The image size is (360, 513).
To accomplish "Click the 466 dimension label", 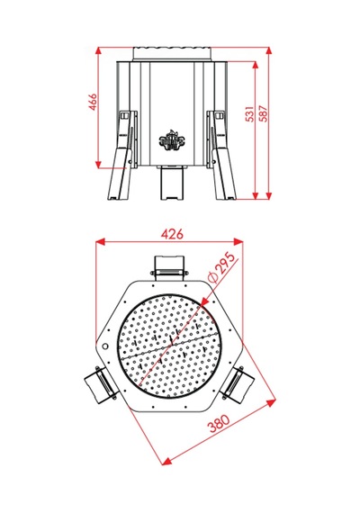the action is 94,102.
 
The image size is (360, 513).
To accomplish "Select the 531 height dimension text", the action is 249,113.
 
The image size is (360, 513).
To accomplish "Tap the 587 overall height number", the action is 264,113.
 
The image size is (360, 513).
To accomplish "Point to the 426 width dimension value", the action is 172,234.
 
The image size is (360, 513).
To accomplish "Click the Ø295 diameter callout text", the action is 222,266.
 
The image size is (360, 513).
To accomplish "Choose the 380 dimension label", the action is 220,424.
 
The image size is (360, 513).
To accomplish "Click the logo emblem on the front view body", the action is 171,139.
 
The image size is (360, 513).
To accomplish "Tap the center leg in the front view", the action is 171,183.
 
